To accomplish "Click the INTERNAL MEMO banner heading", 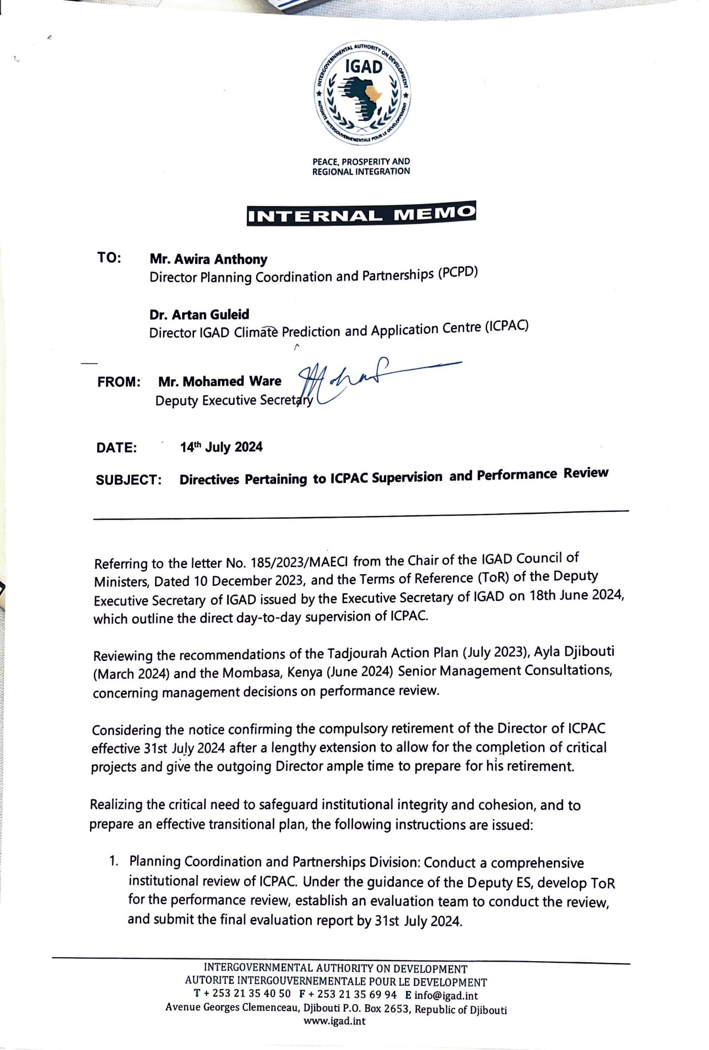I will [361, 213].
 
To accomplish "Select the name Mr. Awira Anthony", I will [209, 259].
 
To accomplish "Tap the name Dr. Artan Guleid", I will [199, 314].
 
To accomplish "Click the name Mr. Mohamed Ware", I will [220, 382].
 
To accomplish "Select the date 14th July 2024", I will [222, 447].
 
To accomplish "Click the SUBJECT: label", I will [129, 479].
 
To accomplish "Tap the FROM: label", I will [119, 382].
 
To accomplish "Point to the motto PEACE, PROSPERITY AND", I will [361, 161].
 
